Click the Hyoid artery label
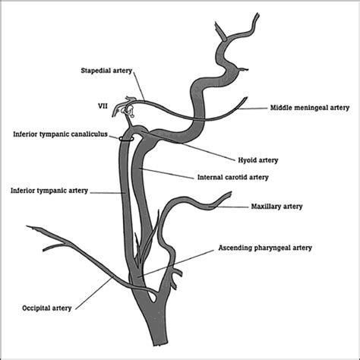pos(257,161)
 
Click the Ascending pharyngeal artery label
pos(264,248)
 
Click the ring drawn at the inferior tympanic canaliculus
pos(128,137)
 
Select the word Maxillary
pos(267,207)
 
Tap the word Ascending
pos(235,248)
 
